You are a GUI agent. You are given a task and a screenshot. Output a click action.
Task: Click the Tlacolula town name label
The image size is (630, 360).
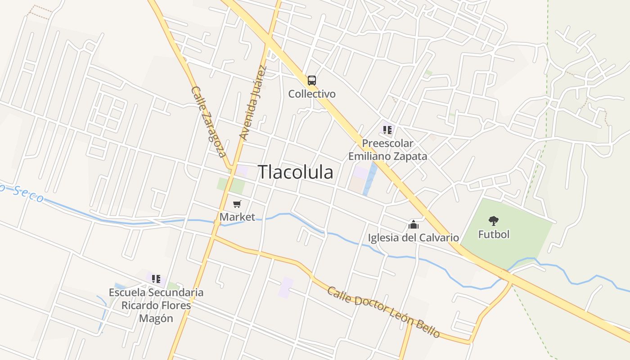[296, 172]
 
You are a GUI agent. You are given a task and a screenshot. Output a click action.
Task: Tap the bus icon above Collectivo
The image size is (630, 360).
[311, 81]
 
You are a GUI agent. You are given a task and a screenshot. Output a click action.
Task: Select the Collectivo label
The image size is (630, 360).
[312, 94]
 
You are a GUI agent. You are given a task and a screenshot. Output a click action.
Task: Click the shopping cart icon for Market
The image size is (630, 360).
[237, 204]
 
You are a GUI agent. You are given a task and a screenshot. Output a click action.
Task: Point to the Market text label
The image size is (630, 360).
[237, 217]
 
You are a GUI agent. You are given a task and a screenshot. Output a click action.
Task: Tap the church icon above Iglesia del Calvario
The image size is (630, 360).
[414, 224]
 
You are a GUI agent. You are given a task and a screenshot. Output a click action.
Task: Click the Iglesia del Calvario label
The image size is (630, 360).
[414, 238]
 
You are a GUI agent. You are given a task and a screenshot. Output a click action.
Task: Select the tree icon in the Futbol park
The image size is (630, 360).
[494, 220]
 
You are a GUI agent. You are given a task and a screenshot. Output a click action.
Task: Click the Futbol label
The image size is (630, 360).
[494, 234]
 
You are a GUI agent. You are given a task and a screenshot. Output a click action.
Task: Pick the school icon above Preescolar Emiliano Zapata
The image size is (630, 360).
[387, 130]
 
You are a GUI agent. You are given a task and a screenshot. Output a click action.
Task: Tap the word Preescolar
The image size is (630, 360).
[387, 144]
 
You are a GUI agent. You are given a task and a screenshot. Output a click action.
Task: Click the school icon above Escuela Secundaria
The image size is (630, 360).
[156, 279]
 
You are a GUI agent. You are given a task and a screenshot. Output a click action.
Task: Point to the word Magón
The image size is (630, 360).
[156, 319]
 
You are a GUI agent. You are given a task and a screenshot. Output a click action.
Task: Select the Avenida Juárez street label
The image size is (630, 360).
[253, 103]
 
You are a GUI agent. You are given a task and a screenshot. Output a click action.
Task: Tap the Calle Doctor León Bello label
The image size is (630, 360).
[383, 312]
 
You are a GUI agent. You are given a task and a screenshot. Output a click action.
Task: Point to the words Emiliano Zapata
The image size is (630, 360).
[387, 157]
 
